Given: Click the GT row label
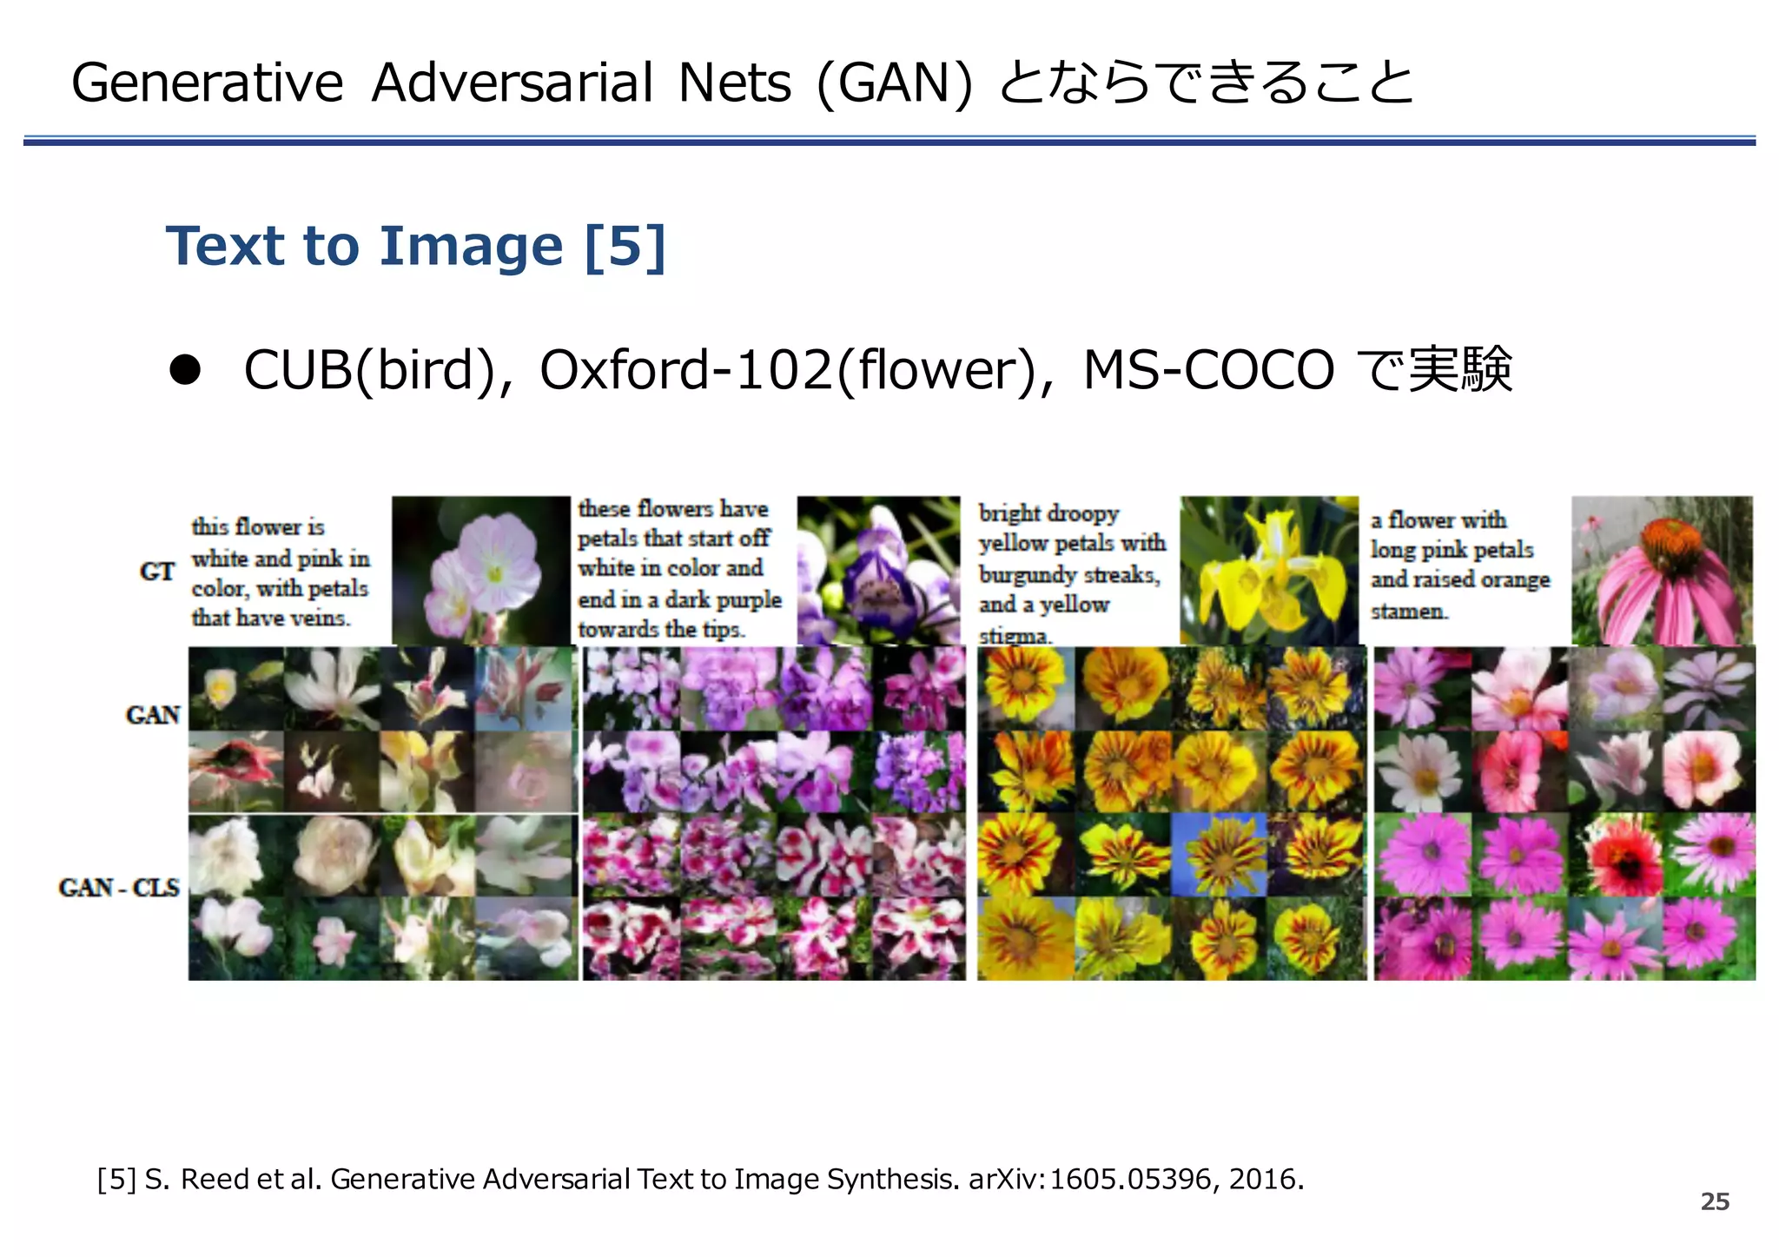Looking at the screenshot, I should [157, 572].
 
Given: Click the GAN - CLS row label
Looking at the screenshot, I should [119, 887].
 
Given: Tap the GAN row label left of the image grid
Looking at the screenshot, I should [153, 715].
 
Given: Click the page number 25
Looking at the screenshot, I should [1715, 1201].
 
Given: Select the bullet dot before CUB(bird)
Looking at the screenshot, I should [185, 370].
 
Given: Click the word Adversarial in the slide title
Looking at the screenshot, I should [512, 83].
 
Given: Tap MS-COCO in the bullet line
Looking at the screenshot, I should [1207, 370].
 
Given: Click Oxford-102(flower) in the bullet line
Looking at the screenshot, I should [786, 370].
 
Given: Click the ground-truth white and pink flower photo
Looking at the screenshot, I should [480, 570].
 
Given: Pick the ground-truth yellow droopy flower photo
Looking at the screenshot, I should [1268, 570].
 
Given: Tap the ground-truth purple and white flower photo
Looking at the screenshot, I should [878, 570].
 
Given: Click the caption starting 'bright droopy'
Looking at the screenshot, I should [1072, 573].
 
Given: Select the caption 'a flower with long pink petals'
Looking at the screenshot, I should [1459, 565].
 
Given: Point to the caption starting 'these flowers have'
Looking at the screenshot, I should [679, 568].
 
